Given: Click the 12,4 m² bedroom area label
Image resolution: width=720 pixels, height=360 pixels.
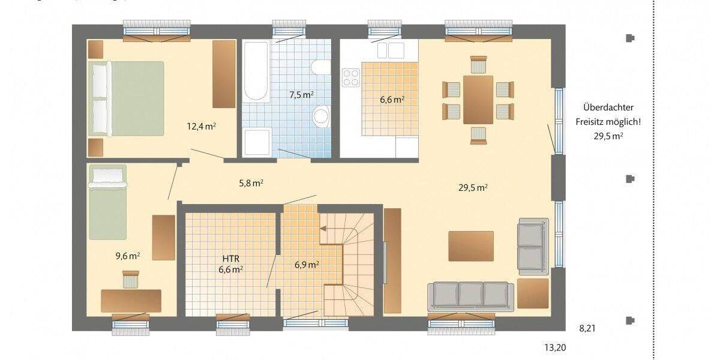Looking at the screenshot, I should (202, 126).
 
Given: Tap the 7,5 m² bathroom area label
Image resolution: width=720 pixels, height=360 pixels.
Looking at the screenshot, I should (302, 95).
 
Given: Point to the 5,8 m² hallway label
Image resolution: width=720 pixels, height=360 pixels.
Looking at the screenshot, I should (251, 184).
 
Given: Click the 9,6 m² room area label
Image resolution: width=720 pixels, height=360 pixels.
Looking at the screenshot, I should (128, 256).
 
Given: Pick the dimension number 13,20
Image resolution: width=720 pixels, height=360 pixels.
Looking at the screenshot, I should (556, 347).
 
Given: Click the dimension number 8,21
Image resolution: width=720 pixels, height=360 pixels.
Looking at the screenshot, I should (589, 328).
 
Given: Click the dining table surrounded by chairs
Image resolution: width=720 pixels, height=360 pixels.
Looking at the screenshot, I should (478, 99).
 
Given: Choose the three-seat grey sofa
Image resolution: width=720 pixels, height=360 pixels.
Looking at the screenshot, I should (470, 295).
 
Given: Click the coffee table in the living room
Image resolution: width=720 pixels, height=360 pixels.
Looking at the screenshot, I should (471, 246).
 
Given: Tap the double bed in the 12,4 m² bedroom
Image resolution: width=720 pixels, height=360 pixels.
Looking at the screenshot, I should (127, 100).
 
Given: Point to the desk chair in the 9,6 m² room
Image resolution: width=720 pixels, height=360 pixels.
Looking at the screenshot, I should (130, 279).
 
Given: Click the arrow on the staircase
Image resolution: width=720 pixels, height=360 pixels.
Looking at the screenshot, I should (323, 228).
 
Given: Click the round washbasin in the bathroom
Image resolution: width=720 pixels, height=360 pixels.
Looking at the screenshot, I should (322, 115).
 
